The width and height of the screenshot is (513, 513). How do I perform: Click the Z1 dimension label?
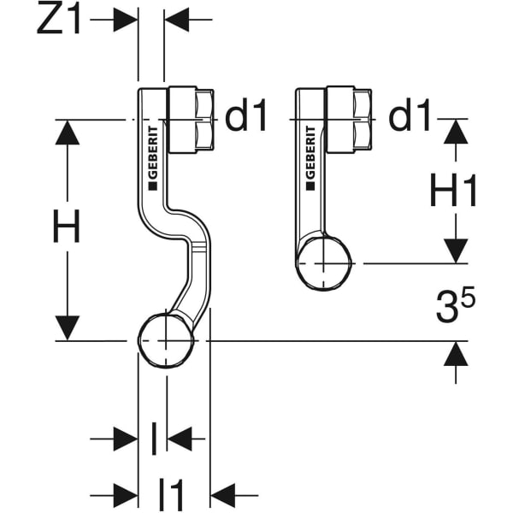click(x=59, y=20)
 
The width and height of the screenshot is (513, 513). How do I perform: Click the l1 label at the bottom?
click(x=172, y=493)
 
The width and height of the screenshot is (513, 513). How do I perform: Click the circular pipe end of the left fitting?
click(x=167, y=340)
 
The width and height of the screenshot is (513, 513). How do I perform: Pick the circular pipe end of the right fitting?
click(x=325, y=263)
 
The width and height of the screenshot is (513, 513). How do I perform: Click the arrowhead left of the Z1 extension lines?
click(x=127, y=20)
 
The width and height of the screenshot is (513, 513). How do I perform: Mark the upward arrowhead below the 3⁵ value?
click(x=456, y=353)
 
